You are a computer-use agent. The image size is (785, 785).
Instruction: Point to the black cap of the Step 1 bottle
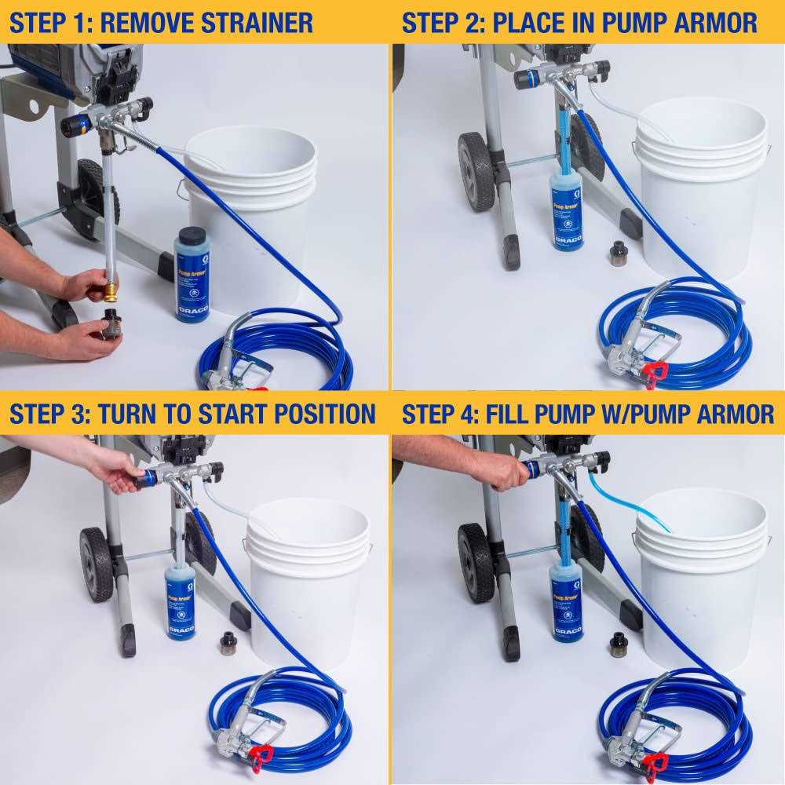pos(191,236)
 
